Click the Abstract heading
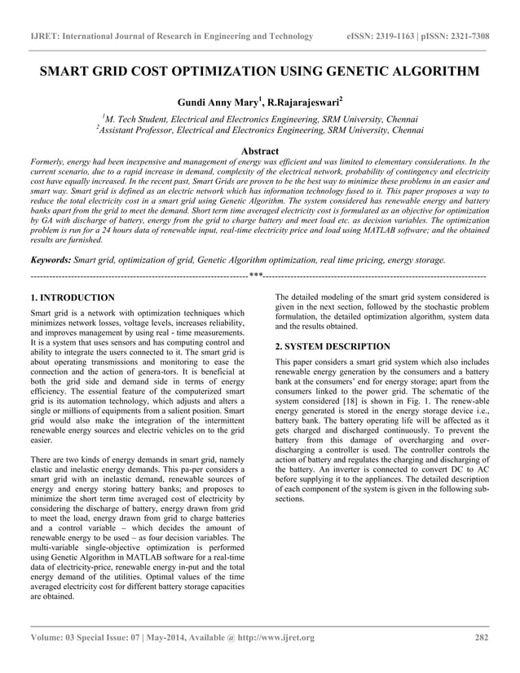tap(260, 151)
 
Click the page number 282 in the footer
tap(481, 637)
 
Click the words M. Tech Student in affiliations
tap(140, 118)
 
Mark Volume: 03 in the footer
tap(57, 637)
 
